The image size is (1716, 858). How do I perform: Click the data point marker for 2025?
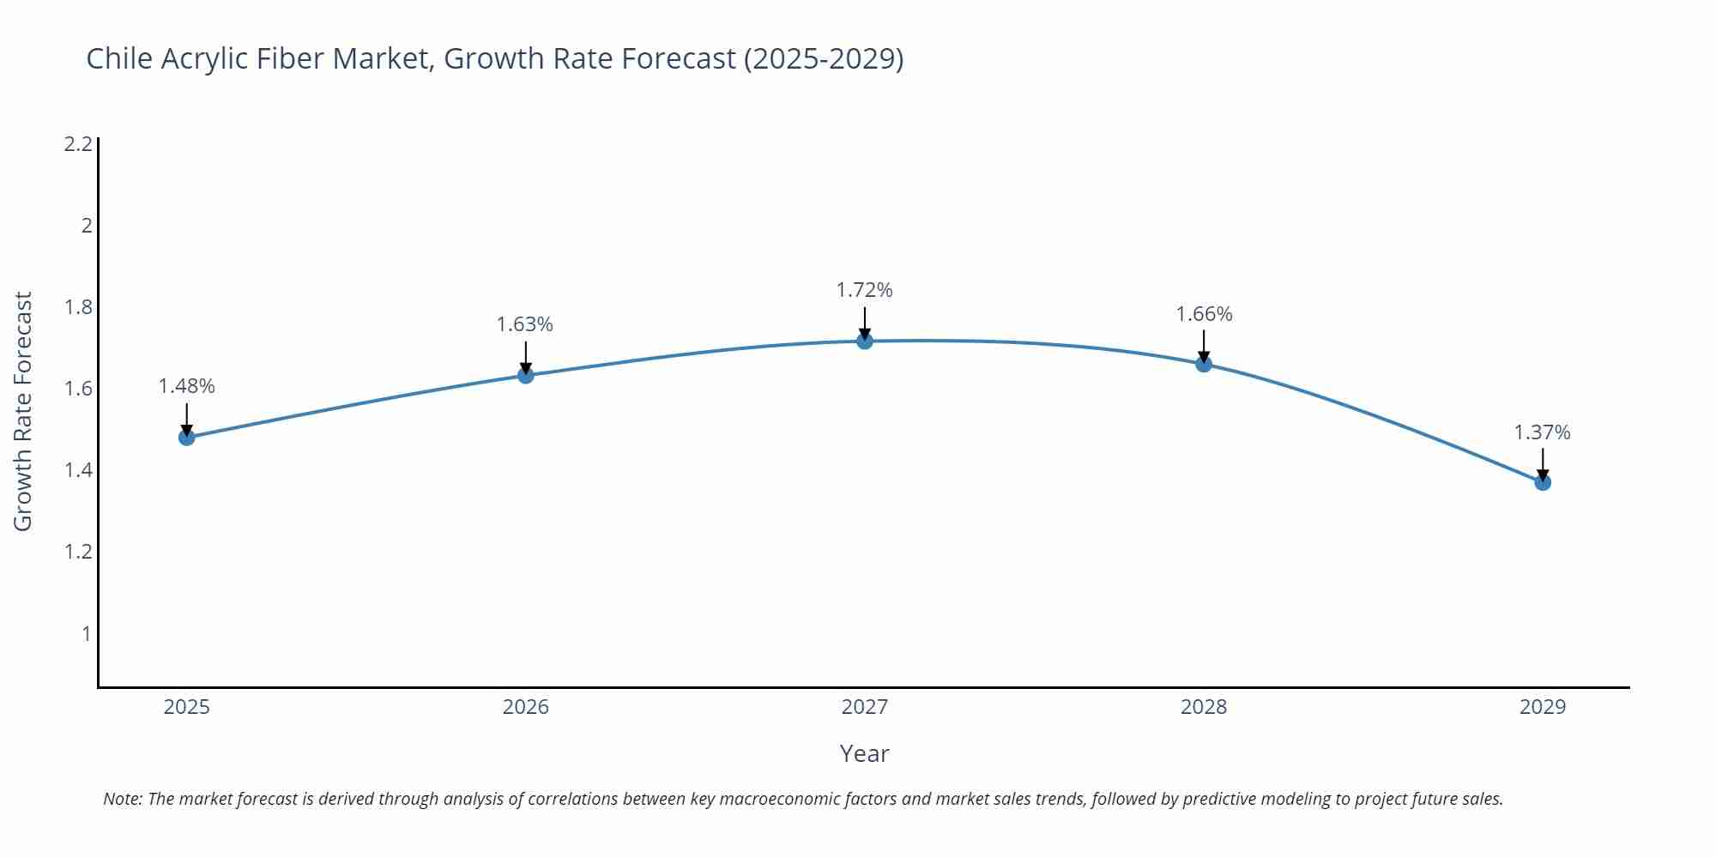coord(186,438)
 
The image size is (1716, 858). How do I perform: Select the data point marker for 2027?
coord(865,341)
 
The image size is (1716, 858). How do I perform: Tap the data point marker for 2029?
coord(1543,482)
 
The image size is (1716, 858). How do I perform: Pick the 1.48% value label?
coord(186,386)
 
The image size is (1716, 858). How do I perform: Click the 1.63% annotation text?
coord(525,324)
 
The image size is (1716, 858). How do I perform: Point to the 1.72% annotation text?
coord(865,290)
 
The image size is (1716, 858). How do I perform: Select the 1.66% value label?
coord(1204,314)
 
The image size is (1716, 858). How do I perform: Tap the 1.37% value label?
coord(1542,432)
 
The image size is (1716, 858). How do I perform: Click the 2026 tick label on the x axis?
coord(525,707)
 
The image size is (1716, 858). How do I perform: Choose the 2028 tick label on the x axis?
coord(1204,707)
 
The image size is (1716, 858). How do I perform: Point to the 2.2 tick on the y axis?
coord(78,144)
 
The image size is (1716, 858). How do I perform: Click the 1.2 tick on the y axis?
coord(78,552)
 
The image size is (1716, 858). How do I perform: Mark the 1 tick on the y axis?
coord(86,633)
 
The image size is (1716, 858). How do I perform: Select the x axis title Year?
coord(864,753)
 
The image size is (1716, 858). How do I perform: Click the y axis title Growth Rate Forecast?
coord(23,412)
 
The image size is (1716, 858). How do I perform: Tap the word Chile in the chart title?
coord(119,58)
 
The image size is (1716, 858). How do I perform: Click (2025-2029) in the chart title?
coord(824,58)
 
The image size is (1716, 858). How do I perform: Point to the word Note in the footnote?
coord(123,799)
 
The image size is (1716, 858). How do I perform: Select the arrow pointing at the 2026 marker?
coord(525,357)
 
